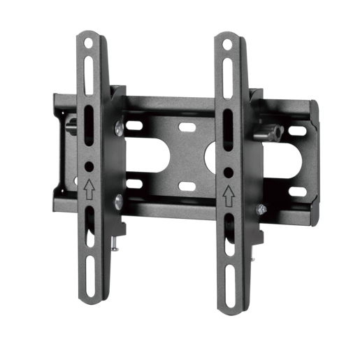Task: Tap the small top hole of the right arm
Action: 226,45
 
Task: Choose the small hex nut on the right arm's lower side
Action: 261,208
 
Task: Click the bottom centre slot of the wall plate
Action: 186,186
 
